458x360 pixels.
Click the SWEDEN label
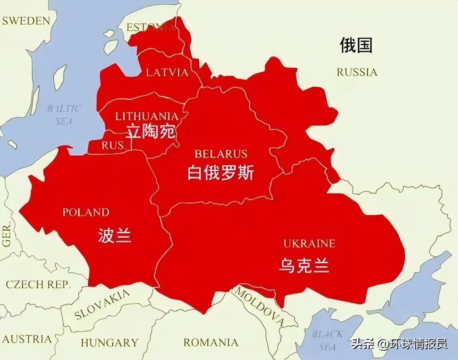coord(26,21)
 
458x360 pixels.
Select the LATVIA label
coord(167,73)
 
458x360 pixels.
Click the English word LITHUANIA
coord(147,116)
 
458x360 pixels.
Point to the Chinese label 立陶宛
coord(151,132)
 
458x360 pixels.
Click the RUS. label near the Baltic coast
coord(113,145)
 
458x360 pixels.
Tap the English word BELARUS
coord(221,154)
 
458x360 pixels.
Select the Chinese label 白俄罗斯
coord(220,173)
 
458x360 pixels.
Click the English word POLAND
coord(86,212)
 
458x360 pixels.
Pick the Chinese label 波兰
coord(114,236)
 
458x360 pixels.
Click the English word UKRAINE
coord(309,244)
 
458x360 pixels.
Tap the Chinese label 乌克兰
coord(304,266)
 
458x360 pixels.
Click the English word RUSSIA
coord(357,72)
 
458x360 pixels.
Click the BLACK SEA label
coord(327,340)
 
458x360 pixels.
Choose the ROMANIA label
coord(211,342)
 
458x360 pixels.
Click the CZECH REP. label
coord(38,284)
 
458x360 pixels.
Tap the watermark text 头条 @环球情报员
coord(399,344)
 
